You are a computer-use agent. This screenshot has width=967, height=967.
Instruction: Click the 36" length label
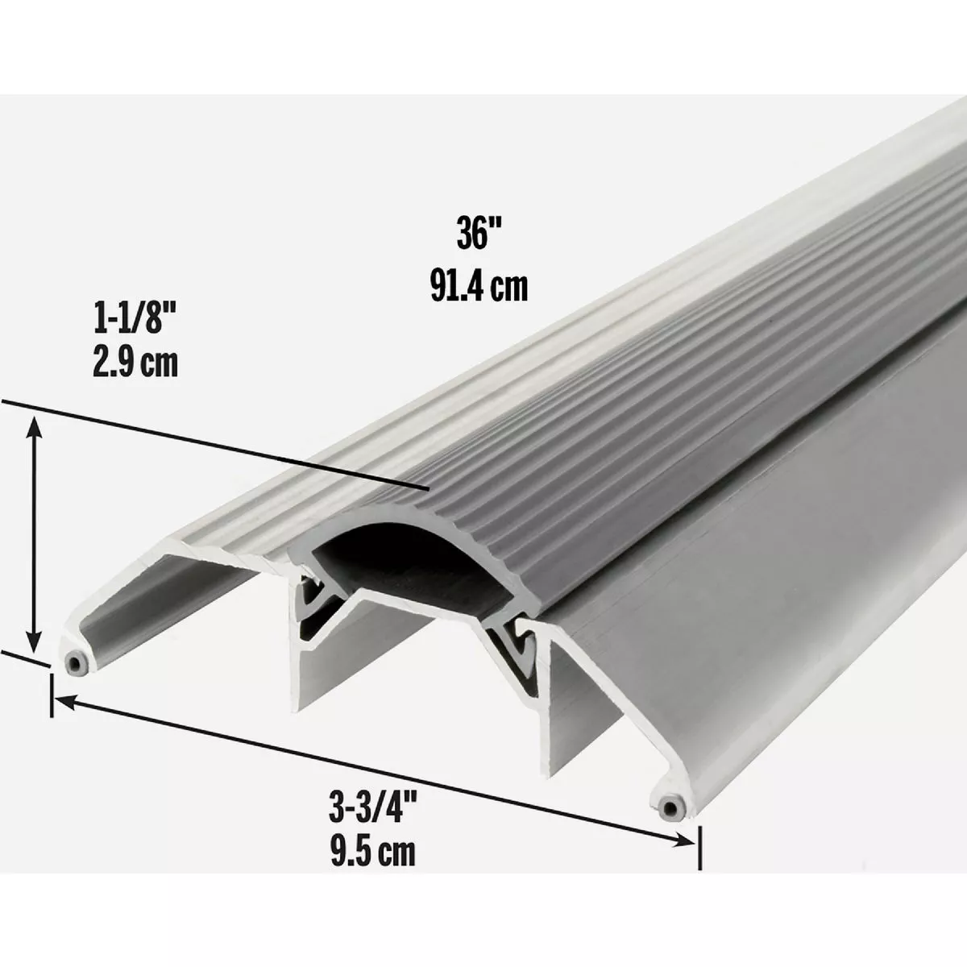coord(479,235)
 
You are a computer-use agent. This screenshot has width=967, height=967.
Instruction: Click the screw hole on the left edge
coord(75,662)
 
